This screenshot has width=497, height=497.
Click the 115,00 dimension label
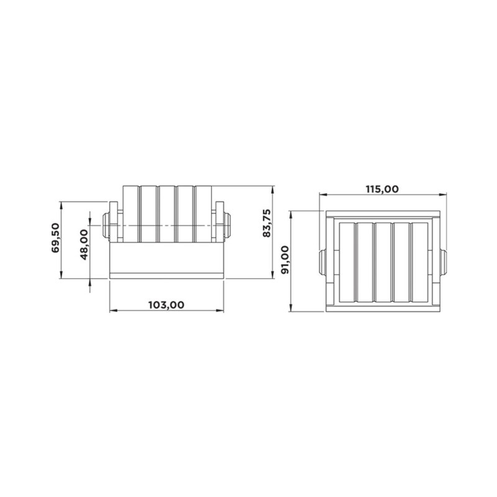pyautogui.click(x=382, y=189)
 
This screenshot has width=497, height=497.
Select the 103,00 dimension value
pyautogui.click(x=166, y=305)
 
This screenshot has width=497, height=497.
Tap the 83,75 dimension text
pyautogui.click(x=267, y=223)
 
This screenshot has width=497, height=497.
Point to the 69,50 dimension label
pyautogui.click(x=55, y=238)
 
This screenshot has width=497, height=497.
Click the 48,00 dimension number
pyautogui.click(x=84, y=245)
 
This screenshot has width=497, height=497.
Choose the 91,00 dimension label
pyautogui.click(x=285, y=260)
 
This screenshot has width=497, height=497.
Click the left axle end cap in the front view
pyautogui.click(x=106, y=226)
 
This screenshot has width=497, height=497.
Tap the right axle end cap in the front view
pyautogui.click(x=227, y=226)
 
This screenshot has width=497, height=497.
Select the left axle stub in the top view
pyautogui.click(x=322, y=262)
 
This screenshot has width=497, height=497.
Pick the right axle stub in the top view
pyautogui.click(x=444, y=262)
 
